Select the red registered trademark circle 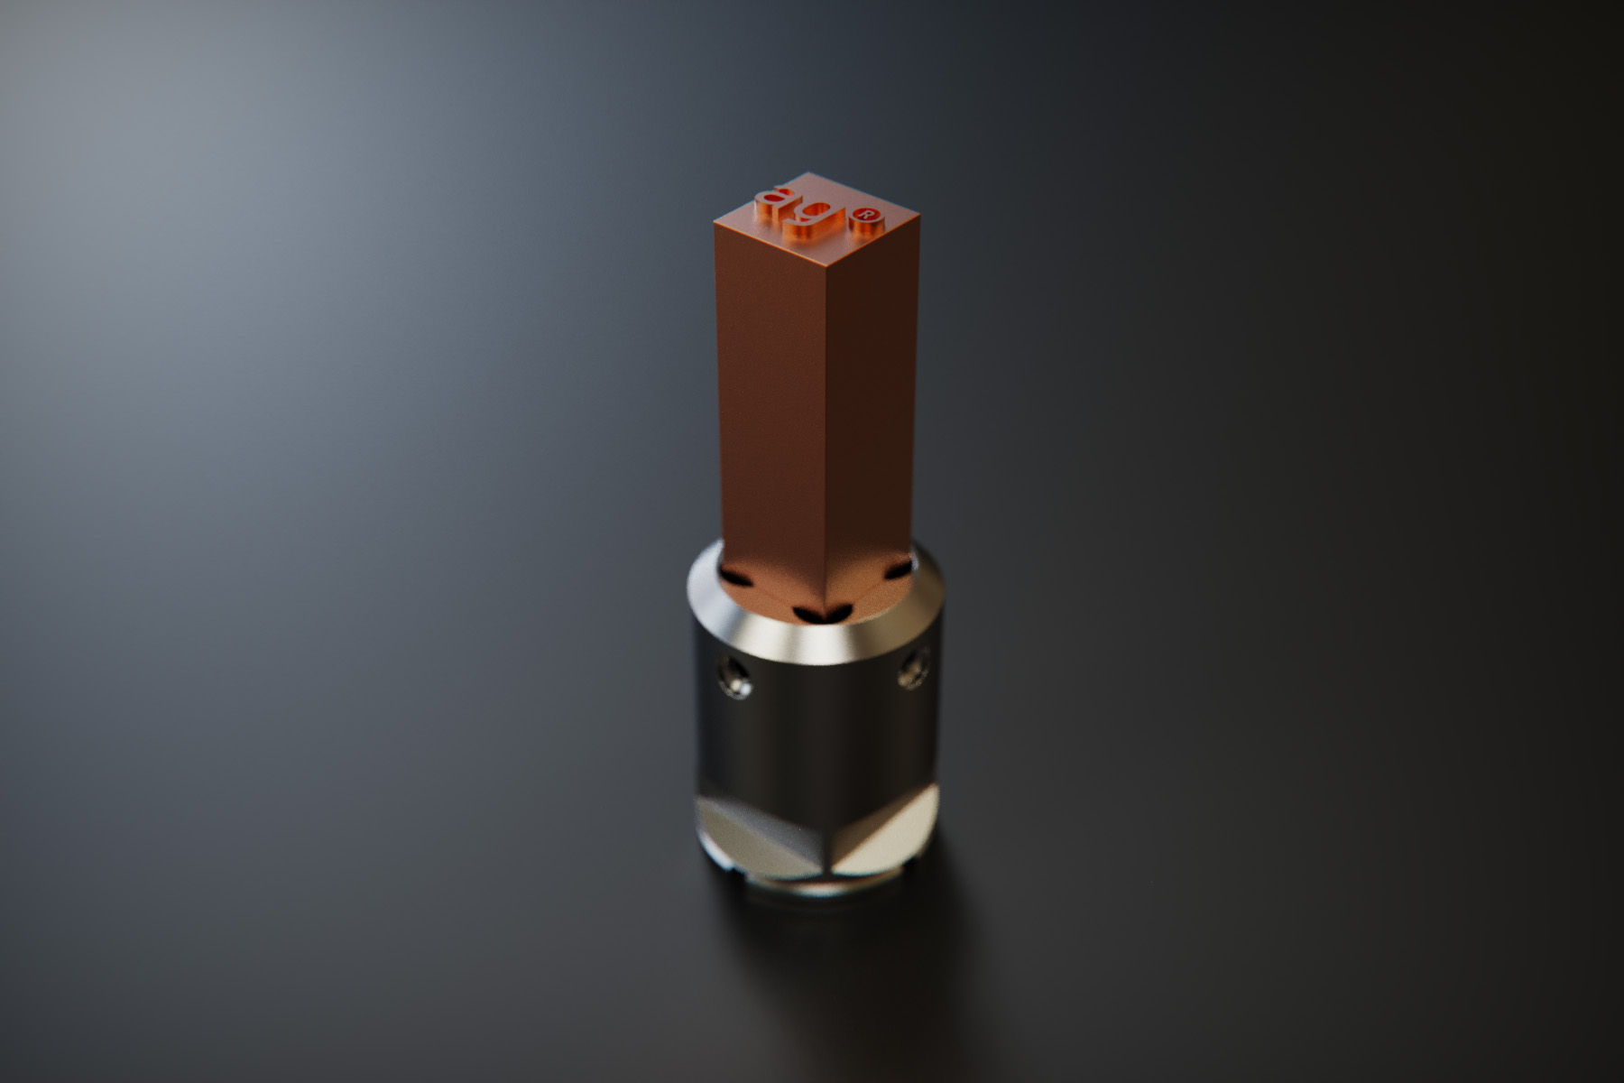[x=866, y=215]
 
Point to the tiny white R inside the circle [x=866, y=215]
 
